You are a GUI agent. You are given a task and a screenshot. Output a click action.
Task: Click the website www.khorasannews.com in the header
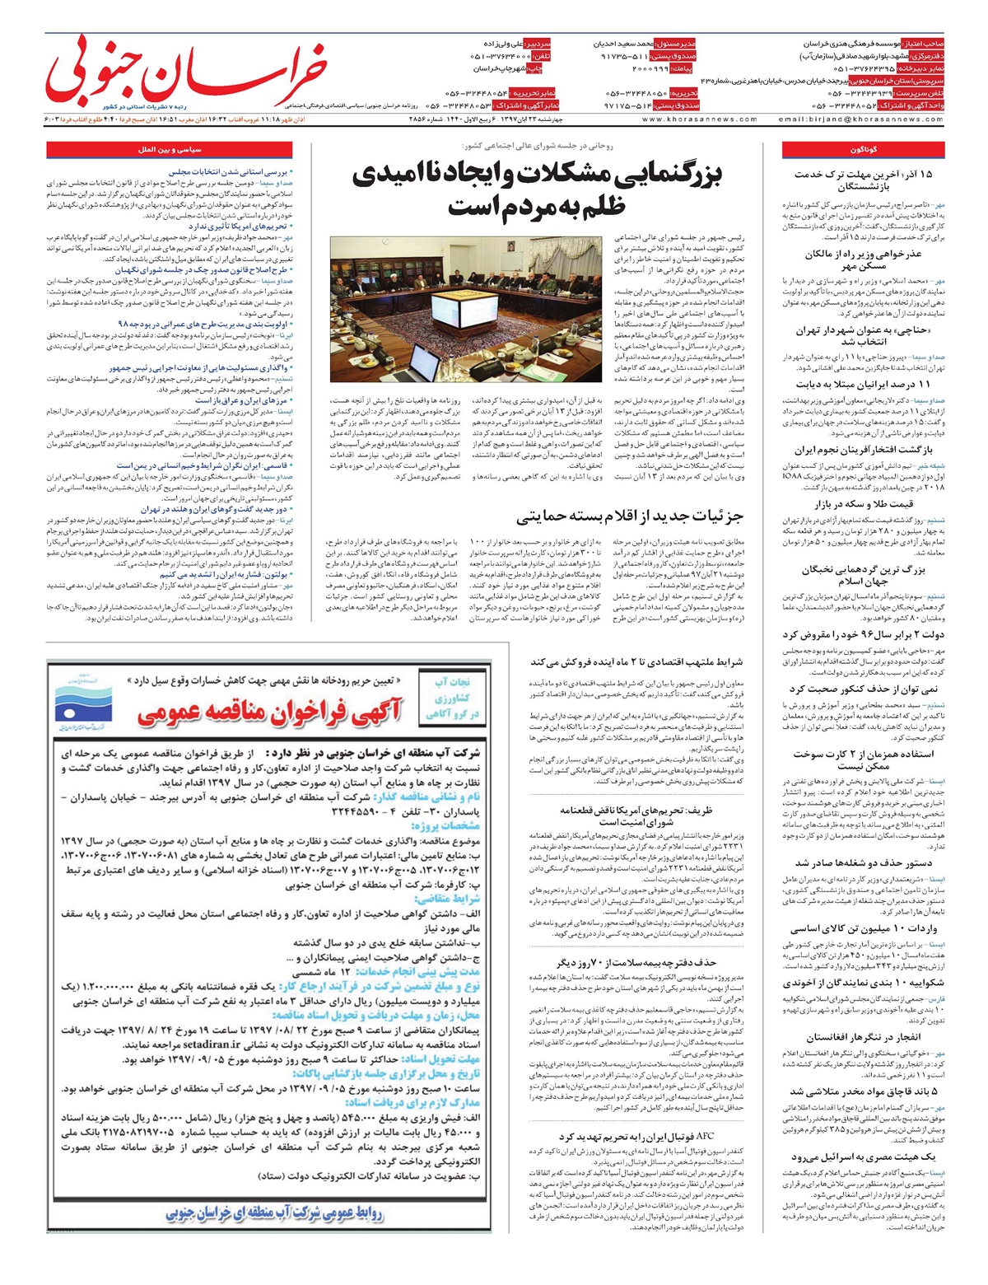point(699,119)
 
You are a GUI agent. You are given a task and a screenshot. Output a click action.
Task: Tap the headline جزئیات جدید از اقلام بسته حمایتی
point(631,516)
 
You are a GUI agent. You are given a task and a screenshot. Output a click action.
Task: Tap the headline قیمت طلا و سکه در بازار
point(864,504)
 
